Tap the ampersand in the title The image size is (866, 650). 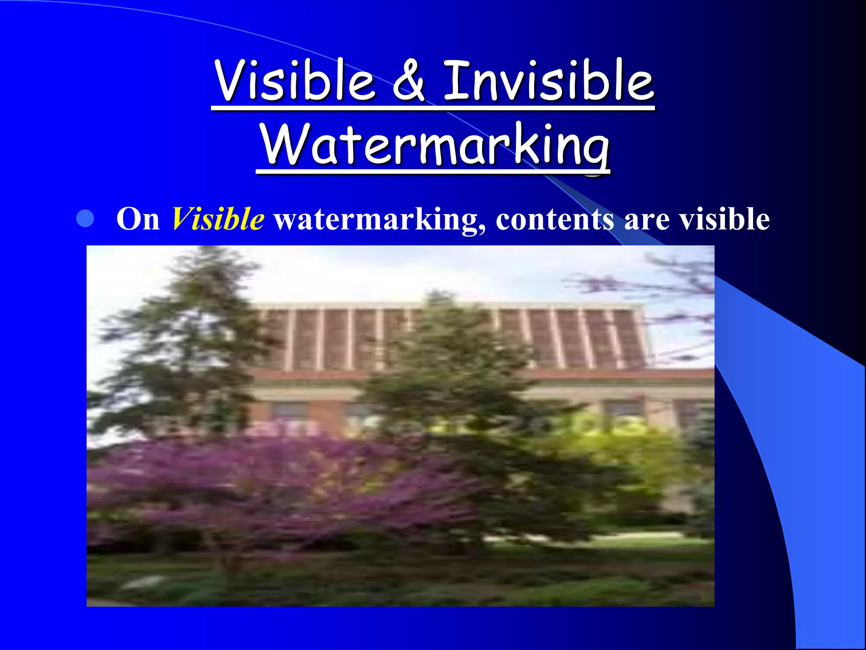pos(408,81)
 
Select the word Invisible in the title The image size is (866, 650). pos(548,80)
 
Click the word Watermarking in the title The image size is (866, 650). pos(434,145)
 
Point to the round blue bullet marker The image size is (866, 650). pos(85,219)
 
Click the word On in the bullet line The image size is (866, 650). pos(138,219)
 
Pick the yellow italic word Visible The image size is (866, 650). pos(218,219)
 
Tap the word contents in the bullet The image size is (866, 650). pos(554,219)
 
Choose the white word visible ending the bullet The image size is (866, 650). pos(724,219)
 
